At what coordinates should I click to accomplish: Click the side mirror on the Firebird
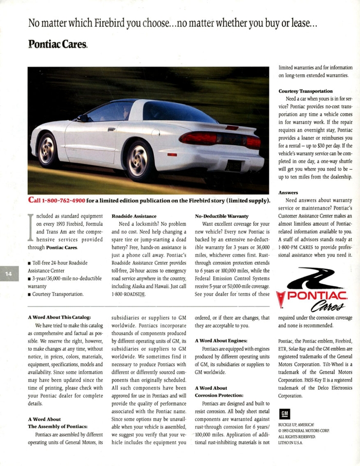point(83,118)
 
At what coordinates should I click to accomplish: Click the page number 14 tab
point(8,274)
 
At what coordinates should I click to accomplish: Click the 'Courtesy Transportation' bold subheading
point(305,91)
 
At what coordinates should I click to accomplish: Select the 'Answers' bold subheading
point(288,193)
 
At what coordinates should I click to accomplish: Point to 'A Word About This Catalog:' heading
point(59,317)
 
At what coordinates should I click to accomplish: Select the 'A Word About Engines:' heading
point(221,340)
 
